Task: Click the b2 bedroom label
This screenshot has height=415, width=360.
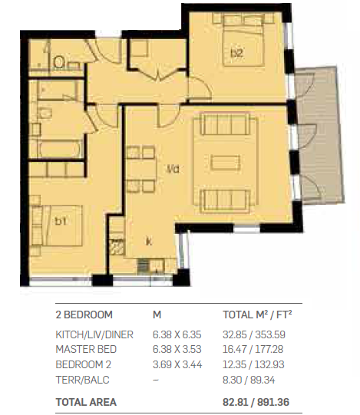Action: [x=237, y=53]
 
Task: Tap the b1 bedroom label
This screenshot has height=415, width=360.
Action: [x=61, y=221]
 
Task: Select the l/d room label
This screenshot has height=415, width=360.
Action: [x=173, y=169]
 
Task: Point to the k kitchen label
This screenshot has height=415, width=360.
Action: [x=149, y=242]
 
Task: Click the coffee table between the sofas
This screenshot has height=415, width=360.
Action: [x=225, y=163]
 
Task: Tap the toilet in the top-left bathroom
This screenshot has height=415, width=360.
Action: [x=59, y=62]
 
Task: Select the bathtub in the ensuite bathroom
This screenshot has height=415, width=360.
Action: [x=60, y=149]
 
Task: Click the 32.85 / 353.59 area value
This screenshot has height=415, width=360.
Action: [x=254, y=334]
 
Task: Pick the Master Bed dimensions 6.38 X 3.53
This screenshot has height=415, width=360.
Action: [x=177, y=349]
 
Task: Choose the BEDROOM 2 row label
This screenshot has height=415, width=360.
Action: [x=83, y=364]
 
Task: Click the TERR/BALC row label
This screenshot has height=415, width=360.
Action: [x=82, y=380]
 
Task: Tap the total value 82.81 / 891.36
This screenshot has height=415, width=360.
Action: [x=256, y=402]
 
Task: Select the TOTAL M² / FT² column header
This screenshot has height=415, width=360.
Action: [x=257, y=315]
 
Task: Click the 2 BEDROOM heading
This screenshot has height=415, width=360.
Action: [x=84, y=315]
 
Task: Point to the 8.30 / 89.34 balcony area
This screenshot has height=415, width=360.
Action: [x=249, y=380]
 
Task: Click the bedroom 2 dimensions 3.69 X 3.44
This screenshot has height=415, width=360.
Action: [x=177, y=364]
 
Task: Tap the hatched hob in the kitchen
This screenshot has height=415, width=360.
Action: [x=117, y=247]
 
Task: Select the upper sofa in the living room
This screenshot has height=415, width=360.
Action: [x=225, y=124]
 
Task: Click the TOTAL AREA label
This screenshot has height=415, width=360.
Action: [x=86, y=402]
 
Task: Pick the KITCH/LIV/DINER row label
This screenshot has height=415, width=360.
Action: [x=94, y=334]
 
